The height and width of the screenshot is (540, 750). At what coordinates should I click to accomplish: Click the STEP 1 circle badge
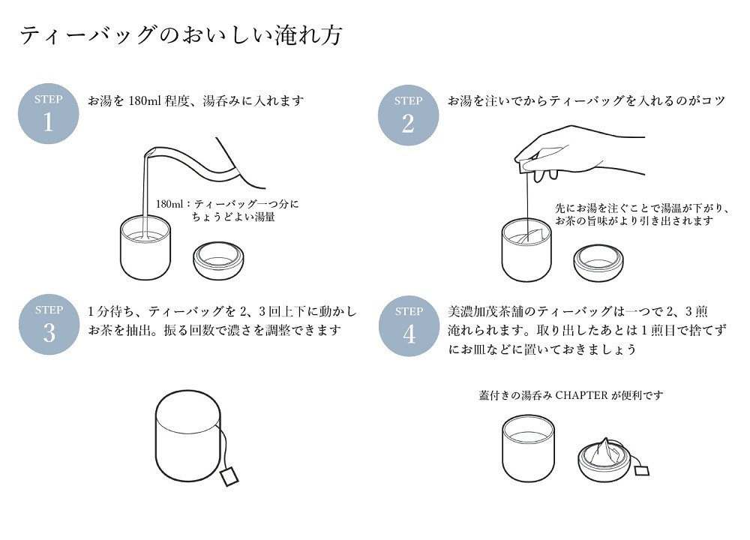(48, 113)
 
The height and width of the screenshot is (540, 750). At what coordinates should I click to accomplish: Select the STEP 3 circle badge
(49, 323)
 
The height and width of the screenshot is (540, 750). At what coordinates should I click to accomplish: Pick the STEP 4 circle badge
(408, 325)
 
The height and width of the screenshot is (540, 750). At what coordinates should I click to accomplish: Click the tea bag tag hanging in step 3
(229, 475)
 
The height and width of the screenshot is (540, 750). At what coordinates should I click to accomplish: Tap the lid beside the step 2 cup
(598, 261)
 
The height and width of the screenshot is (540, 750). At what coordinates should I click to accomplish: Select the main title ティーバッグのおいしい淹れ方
(181, 35)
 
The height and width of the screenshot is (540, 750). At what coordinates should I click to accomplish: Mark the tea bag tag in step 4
(642, 470)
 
